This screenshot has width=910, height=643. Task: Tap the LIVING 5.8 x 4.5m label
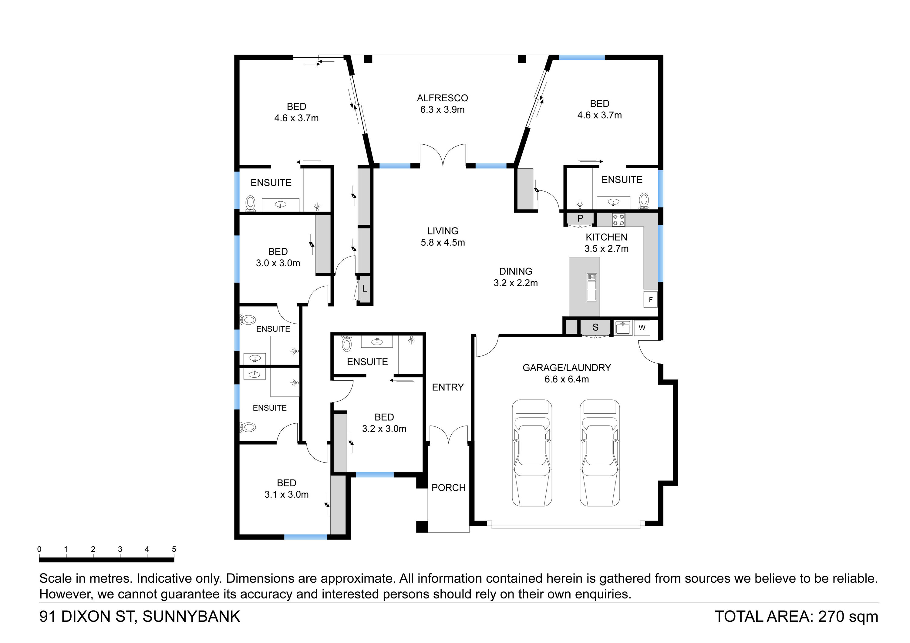click(x=443, y=237)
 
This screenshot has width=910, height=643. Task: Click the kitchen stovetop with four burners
click(x=618, y=220)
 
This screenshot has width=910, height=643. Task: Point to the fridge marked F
click(x=650, y=300)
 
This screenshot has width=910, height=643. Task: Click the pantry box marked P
click(x=580, y=219)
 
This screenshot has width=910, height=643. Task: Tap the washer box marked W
click(x=642, y=328)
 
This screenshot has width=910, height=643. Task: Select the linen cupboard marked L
click(x=364, y=289)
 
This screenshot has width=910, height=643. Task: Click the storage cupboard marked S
click(x=595, y=327)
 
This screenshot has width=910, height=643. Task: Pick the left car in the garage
click(x=532, y=453)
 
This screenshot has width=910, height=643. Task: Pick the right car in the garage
click(x=600, y=453)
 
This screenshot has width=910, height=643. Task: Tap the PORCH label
click(x=449, y=488)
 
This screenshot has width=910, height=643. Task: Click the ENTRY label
click(x=448, y=387)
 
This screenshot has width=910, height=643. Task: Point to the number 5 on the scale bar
click(x=174, y=549)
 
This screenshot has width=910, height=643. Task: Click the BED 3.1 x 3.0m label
click(x=287, y=489)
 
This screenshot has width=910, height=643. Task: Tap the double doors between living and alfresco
click(x=443, y=155)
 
